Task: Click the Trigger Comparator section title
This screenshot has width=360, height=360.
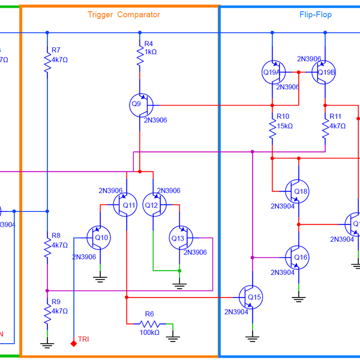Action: pos(124,14)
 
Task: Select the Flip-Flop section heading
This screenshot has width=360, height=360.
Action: pos(315,14)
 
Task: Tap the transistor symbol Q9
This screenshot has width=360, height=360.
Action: pos(142,104)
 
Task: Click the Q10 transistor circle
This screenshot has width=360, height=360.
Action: pos(98,238)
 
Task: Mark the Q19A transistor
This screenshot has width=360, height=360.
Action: pos(274,72)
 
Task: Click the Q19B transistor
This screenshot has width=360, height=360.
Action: pos(324,72)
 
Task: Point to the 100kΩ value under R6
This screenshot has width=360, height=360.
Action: pos(149,332)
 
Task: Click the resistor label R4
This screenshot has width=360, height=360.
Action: pos(149,44)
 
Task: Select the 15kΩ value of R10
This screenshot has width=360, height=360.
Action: pos(284,126)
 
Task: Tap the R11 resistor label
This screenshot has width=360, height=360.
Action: pos(335,116)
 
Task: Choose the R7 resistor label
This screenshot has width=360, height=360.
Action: pos(56,50)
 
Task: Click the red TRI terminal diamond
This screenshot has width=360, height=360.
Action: pos(73,343)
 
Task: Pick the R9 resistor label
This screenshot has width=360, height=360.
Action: pos(56,302)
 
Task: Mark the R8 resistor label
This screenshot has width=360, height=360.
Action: pos(56,236)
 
